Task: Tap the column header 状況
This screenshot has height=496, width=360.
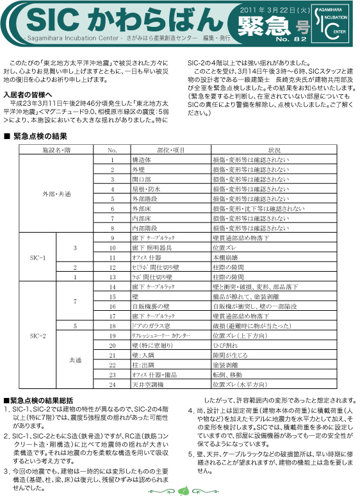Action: [274, 149]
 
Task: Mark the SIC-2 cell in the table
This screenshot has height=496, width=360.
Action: [38, 335]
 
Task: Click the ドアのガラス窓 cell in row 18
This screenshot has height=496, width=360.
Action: [151, 326]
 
